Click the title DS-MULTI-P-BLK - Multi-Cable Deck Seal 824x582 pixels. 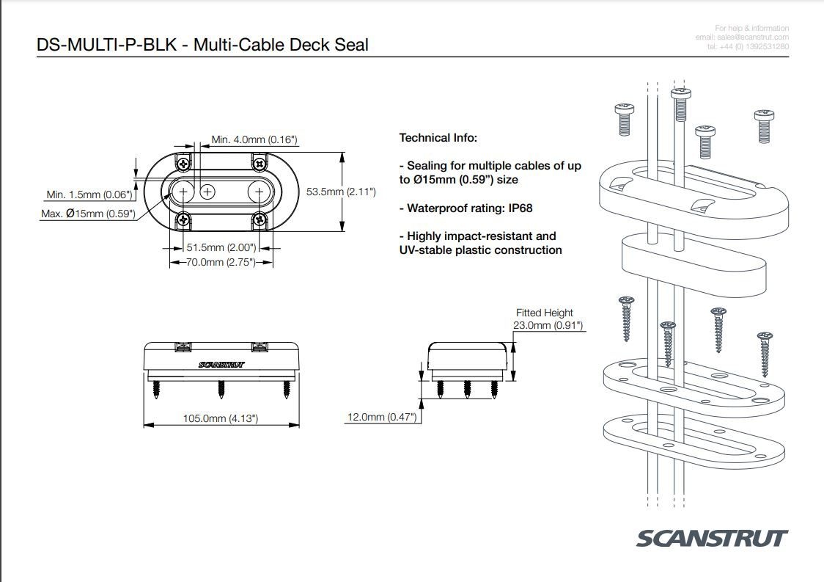click(x=202, y=45)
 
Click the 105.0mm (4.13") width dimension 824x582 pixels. click(x=220, y=418)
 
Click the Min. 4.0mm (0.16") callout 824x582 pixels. click(x=254, y=139)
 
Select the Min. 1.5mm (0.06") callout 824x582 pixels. click(x=89, y=194)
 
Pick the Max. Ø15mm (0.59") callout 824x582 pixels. click(x=89, y=214)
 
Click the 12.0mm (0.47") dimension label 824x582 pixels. click(x=381, y=418)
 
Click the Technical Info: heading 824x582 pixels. click(x=438, y=137)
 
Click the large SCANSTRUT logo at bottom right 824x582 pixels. click(x=712, y=538)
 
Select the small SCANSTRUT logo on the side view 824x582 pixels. click(x=221, y=364)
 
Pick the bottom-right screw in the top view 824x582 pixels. click(x=260, y=218)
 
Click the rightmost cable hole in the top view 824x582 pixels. click(x=259, y=192)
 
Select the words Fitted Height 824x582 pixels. click(x=545, y=313)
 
